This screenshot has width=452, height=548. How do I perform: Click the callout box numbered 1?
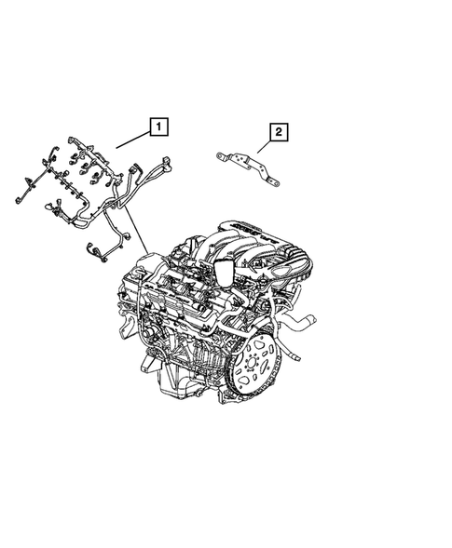(158, 124)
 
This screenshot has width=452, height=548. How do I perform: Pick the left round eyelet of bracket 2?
(220, 155)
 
